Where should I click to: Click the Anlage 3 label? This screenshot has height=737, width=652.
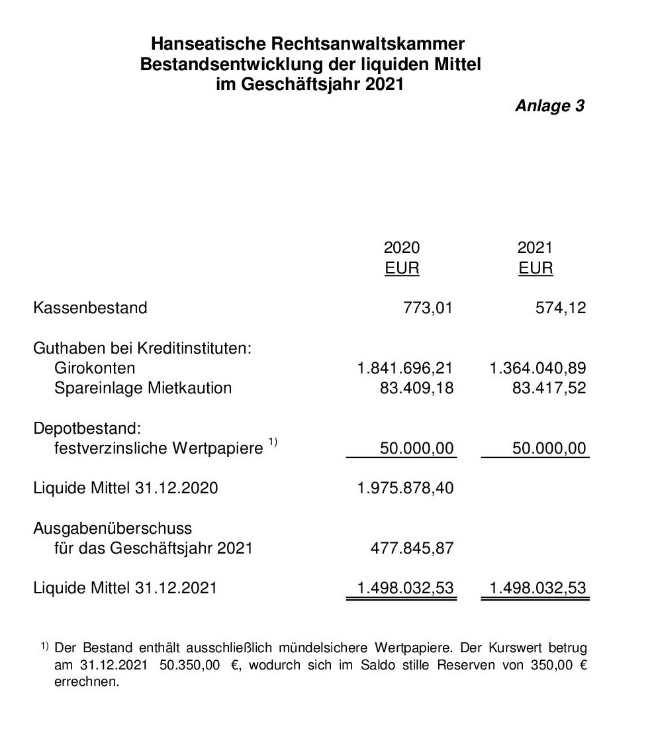coord(549,106)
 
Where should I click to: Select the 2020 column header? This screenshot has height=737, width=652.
coord(402,248)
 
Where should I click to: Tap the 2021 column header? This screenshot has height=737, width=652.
coord(535,248)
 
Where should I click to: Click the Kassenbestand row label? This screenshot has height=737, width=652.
coord(90,308)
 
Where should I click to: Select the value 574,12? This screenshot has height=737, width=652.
coord(561,308)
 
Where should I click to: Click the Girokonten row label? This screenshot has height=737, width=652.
coord(95,368)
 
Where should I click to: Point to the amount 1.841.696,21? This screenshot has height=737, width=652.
coord(405,368)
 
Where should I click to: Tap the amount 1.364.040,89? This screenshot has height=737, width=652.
coord(537,368)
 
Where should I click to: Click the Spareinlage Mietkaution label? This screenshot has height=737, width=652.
coord(143,388)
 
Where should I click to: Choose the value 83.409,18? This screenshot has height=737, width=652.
coord(416,388)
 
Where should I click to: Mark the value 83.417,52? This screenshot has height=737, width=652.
coord(549,388)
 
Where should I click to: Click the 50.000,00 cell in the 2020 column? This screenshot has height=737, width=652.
coord(416,449)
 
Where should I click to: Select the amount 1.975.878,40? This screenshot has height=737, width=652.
coord(405,489)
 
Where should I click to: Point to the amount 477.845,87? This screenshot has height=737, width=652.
coord(410,548)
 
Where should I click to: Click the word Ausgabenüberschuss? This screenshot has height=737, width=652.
coord(113,528)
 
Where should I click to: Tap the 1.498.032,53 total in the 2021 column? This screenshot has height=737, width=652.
coord(537,588)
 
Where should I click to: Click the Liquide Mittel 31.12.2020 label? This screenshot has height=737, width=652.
coord(125,489)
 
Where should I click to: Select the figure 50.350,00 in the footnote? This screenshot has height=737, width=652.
coord(190,665)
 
